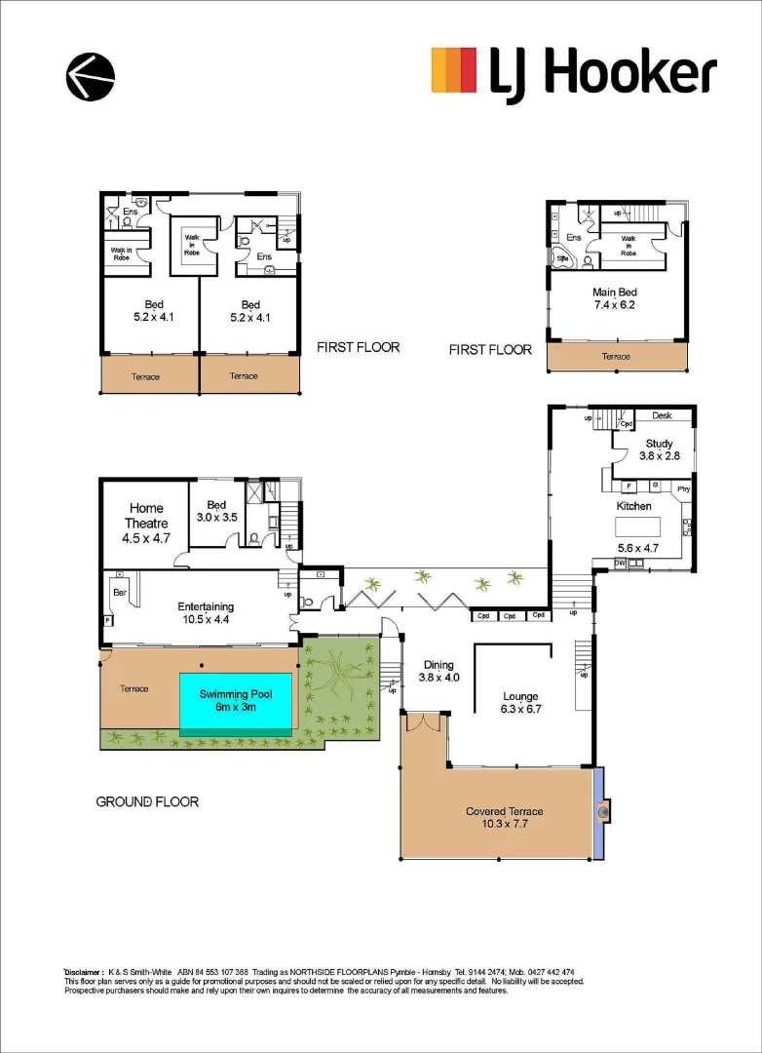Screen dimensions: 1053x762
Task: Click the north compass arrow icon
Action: pos(90,76)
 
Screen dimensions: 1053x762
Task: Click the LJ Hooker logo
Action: pos(574,74)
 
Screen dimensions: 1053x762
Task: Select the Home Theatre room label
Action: pos(146,515)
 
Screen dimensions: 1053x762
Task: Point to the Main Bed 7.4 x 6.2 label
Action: pos(616,297)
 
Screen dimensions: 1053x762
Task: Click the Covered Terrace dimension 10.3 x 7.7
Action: pos(504,824)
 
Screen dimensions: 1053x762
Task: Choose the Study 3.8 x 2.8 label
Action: pos(659,449)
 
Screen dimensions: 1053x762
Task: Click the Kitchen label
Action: pos(633,507)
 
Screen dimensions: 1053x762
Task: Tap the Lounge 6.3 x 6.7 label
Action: pos(520,702)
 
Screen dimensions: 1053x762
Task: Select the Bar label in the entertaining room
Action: pos(121,592)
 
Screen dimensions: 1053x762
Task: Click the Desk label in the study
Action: pos(662,415)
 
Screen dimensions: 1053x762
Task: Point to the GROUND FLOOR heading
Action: pos(147,801)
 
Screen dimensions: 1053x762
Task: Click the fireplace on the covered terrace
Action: pos(603,810)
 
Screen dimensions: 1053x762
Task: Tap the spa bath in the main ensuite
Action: pos(563,259)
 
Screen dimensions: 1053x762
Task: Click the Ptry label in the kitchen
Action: pos(682,487)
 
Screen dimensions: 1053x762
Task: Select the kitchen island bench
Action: pos(637,526)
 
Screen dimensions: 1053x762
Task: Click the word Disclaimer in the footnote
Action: pos(84,972)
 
